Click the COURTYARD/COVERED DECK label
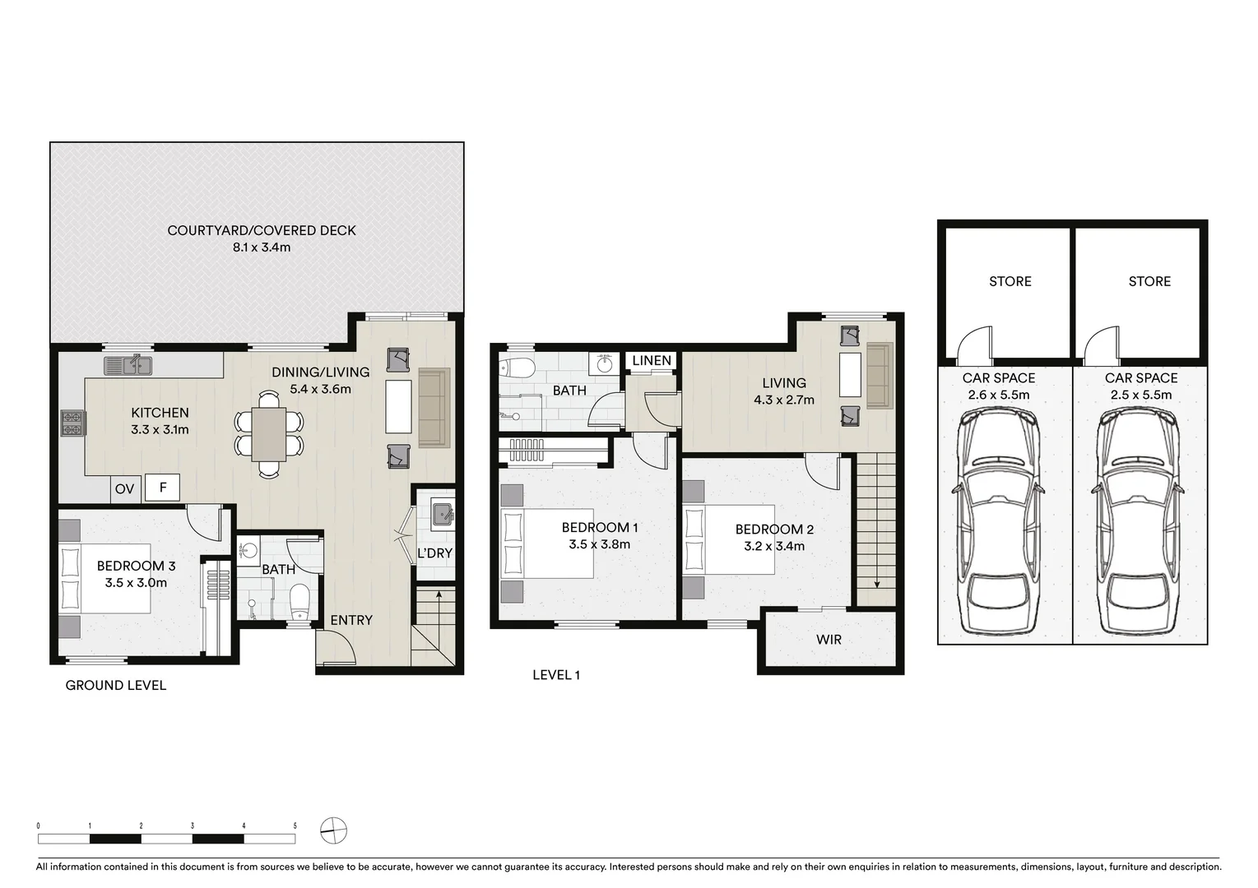[x=262, y=230]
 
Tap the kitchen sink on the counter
[x=128, y=365]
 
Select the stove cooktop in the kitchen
[x=72, y=423]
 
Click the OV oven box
[x=124, y=489]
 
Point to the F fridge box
[x=163, y=488]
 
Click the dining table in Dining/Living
[x=269, y=434]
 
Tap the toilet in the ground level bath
[x=300, y=601]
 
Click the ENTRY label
[x=351, y=620]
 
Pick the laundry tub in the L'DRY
[x=441, y=512]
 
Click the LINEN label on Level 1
[x=652, y=360]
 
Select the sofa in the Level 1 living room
[x=880, y=376]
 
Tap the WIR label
[x=829, y=639]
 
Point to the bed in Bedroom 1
[x=547, y=543]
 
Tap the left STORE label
[x=1010, y=281]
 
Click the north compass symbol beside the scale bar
[x=334, y=831]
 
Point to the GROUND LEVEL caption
[x=116, y=685]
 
